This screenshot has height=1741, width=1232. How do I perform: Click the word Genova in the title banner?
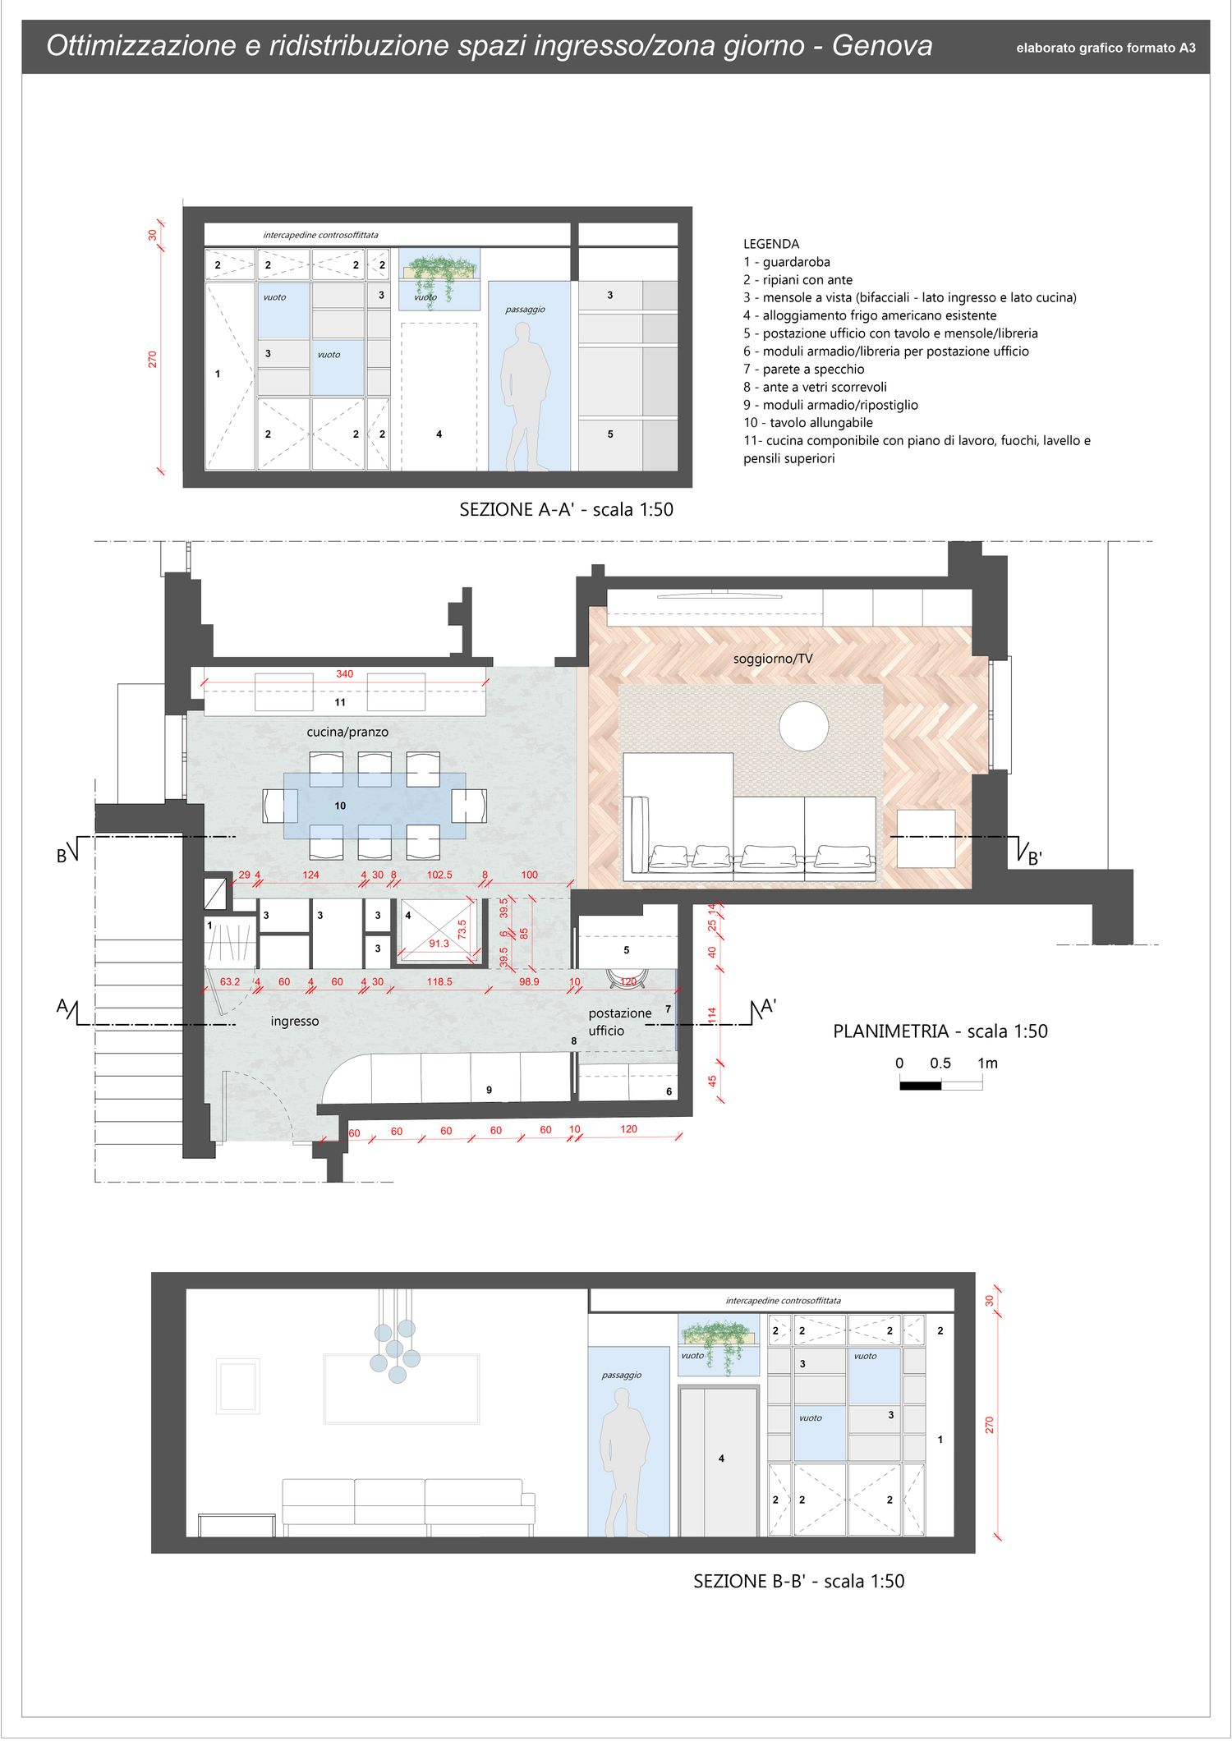(882, 46)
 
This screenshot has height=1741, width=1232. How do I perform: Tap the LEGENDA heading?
(771, 244)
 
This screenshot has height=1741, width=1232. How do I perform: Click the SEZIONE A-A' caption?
(567, 509)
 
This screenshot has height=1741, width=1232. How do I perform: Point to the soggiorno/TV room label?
(773, 659)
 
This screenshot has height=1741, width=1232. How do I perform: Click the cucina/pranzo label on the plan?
(347, 732)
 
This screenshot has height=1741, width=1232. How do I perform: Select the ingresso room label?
(295, 1022)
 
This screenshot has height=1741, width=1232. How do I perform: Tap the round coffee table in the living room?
(804, 726)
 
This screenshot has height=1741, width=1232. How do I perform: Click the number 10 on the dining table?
(340, 806)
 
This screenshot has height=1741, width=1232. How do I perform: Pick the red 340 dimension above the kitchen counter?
(344, 674)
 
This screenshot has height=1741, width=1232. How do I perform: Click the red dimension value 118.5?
(439, 981)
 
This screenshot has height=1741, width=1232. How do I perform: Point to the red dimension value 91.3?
(439, 944)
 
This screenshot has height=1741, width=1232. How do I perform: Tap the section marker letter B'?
(1035, 859)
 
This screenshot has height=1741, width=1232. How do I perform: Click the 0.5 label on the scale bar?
(940, 1063)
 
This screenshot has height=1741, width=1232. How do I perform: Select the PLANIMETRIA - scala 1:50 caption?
(940, 1031)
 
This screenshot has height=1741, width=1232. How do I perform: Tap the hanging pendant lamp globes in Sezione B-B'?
(395, 1348)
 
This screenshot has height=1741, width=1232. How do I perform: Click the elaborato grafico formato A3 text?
(1106, 48)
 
